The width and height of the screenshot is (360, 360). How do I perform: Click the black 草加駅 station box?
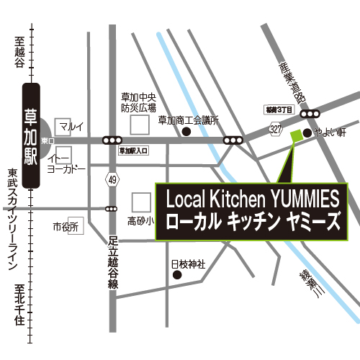pos(32,136)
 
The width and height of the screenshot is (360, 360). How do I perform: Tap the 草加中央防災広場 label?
pos(138,103)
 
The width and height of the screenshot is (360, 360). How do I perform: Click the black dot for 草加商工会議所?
pos(186,132)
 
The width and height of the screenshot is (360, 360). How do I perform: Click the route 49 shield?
pos(112,178)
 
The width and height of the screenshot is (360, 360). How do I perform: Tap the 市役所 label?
pos(65,228)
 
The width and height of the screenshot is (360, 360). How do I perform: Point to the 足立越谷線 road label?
pos(112,263)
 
